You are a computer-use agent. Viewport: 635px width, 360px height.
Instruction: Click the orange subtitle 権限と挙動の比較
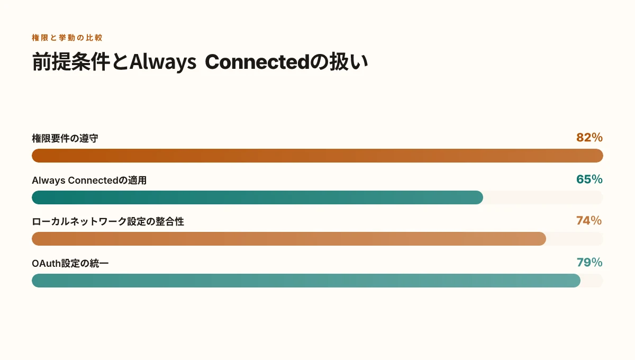67,38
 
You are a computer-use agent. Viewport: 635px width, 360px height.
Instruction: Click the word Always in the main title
163,62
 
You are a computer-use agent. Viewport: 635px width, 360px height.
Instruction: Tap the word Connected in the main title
257,62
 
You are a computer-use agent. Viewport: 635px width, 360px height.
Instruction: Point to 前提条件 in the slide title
71,61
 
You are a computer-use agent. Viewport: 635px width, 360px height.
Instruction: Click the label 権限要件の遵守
65,138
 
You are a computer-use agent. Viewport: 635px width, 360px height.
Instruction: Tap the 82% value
589,138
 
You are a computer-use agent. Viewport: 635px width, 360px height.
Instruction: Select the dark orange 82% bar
317,156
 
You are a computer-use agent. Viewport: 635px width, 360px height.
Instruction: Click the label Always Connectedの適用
89,181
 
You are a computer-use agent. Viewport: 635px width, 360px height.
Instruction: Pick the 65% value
589,179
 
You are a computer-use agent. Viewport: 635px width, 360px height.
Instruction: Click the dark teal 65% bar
257,197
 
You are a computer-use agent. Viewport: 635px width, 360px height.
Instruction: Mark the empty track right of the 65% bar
543,197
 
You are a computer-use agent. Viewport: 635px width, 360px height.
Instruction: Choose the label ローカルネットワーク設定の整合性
108,222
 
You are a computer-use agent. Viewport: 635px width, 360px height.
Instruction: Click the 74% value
589,221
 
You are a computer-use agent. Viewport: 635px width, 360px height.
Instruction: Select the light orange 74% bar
289,239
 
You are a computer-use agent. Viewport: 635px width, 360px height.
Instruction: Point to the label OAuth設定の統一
70,264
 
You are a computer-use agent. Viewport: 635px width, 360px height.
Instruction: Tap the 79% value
589,263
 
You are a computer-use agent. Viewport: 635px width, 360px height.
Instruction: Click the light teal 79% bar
306,281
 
